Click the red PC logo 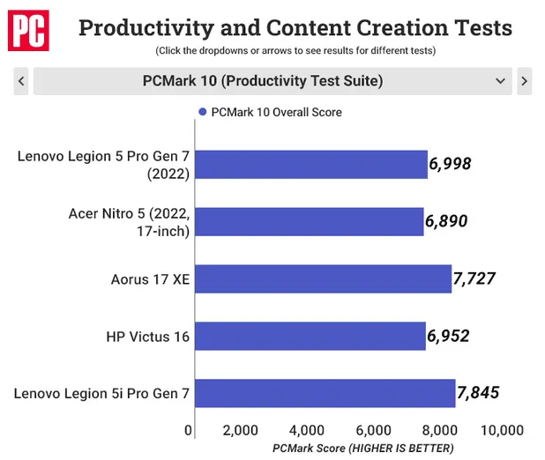click(x=29, y=33)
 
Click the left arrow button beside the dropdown click(x=20, y=81)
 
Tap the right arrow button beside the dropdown click(x=525, y=81)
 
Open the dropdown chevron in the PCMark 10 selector click(x=501, y=81)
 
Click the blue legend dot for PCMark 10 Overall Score click(x=202, y=112)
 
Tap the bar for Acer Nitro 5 click(x=310, y=222)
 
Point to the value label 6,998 click(x=451, y=163)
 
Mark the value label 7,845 click(x=478, y=392)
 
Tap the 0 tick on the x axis click(x=189, y=430)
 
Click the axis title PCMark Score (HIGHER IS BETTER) click(x=362, y=449)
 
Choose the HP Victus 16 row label click(x=148, y=336)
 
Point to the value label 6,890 click(x=446, y=222)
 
